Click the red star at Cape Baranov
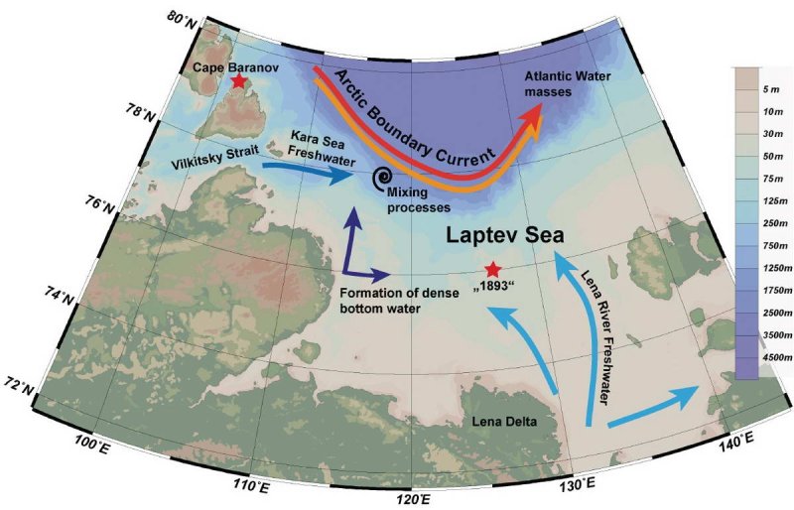[x=238, y=81]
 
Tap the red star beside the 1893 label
[x=493, y=270]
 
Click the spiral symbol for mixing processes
[x=380, y=178]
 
